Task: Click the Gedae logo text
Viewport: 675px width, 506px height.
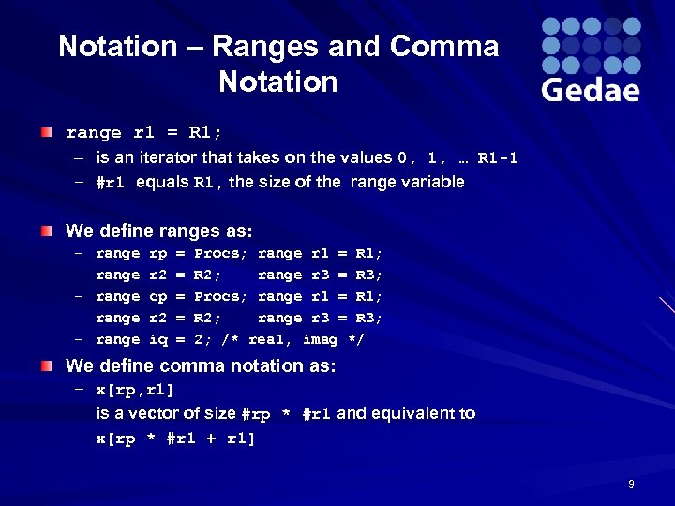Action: [591, 89]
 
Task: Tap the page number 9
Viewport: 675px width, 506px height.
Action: [631, 484]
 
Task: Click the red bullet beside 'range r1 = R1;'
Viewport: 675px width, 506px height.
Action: [47, 133]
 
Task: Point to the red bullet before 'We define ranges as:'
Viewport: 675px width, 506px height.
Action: [47, 230]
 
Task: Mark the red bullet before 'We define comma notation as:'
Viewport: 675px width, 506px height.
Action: [47, 365]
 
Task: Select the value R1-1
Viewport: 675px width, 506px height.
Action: [497, 158]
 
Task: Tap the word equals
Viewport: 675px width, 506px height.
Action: [161, 182]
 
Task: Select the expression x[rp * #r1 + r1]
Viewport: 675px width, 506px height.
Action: [175, 439]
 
